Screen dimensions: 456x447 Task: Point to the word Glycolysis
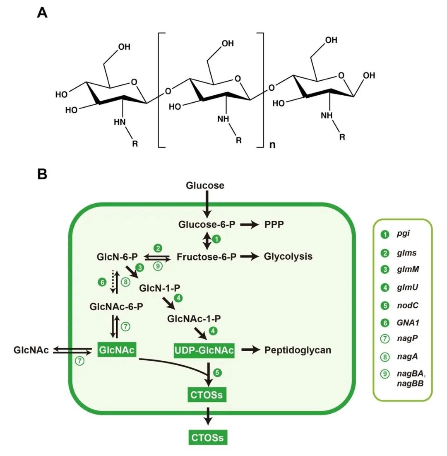(288, 257)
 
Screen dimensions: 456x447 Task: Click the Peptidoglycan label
(298, 350)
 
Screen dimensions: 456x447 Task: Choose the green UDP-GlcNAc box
(204, 350)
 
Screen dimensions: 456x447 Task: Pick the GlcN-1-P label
(157, 287)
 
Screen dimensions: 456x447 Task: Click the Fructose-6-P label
(207, 257)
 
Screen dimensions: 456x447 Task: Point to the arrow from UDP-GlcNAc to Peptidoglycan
(250, 350)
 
